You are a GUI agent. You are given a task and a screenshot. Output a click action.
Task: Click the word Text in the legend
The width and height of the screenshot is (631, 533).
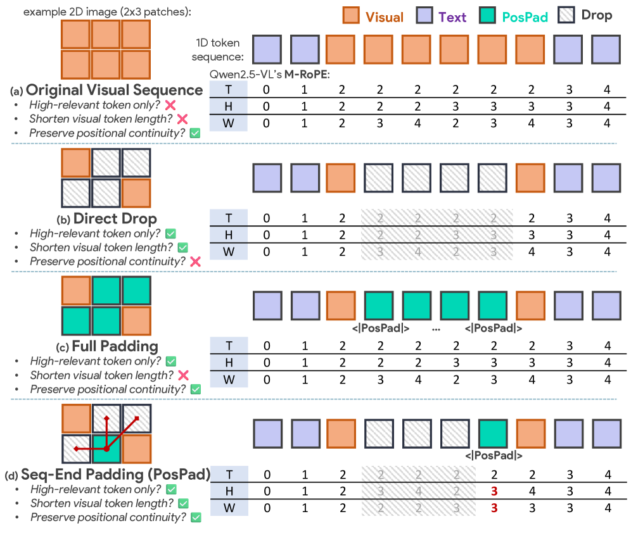pos(452,17)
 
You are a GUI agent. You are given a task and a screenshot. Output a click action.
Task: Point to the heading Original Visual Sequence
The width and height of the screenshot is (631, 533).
pos(114,90)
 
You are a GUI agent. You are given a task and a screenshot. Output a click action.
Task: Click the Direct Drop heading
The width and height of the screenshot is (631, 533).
pos(115,219)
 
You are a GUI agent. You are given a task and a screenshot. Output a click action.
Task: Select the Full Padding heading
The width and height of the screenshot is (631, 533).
pos(115,347)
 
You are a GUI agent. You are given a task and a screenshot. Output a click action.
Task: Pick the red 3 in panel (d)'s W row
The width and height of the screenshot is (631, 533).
pos(493,508)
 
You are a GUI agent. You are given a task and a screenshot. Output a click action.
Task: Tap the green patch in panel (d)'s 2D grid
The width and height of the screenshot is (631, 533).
pos(106,449)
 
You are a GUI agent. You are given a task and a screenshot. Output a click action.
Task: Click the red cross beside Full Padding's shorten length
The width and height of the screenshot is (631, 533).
pos(184,375)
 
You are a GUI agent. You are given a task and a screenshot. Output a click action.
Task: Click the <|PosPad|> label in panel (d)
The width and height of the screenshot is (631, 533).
pos(493,455)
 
